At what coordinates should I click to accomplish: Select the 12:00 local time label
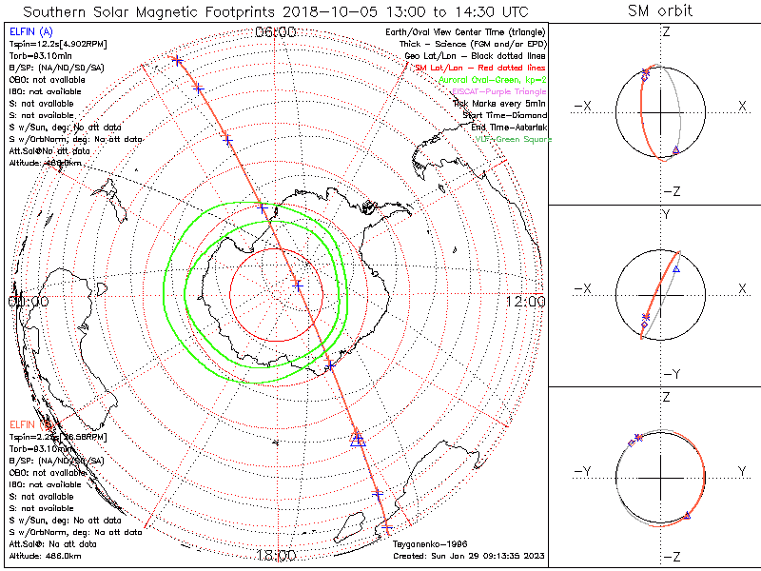pyautogui.click(x=526, y=301)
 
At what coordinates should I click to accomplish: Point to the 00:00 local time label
pyautogui.click(x=28, y=301)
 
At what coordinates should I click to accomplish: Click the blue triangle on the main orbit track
pyautogui.click(x=358, y=439)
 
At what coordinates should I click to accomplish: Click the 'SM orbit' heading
pyautogui.click(x=660, y=11)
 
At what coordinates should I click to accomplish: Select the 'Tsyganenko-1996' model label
pyautogui.click(x=427, y=543)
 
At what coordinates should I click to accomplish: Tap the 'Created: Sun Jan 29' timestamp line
pyautogui.click(x=468, y=555)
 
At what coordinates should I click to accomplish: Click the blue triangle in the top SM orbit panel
pyautogui.click(x=675, y=150)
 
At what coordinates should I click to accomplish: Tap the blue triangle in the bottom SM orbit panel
pyautogui.click(x=687, y=516)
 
